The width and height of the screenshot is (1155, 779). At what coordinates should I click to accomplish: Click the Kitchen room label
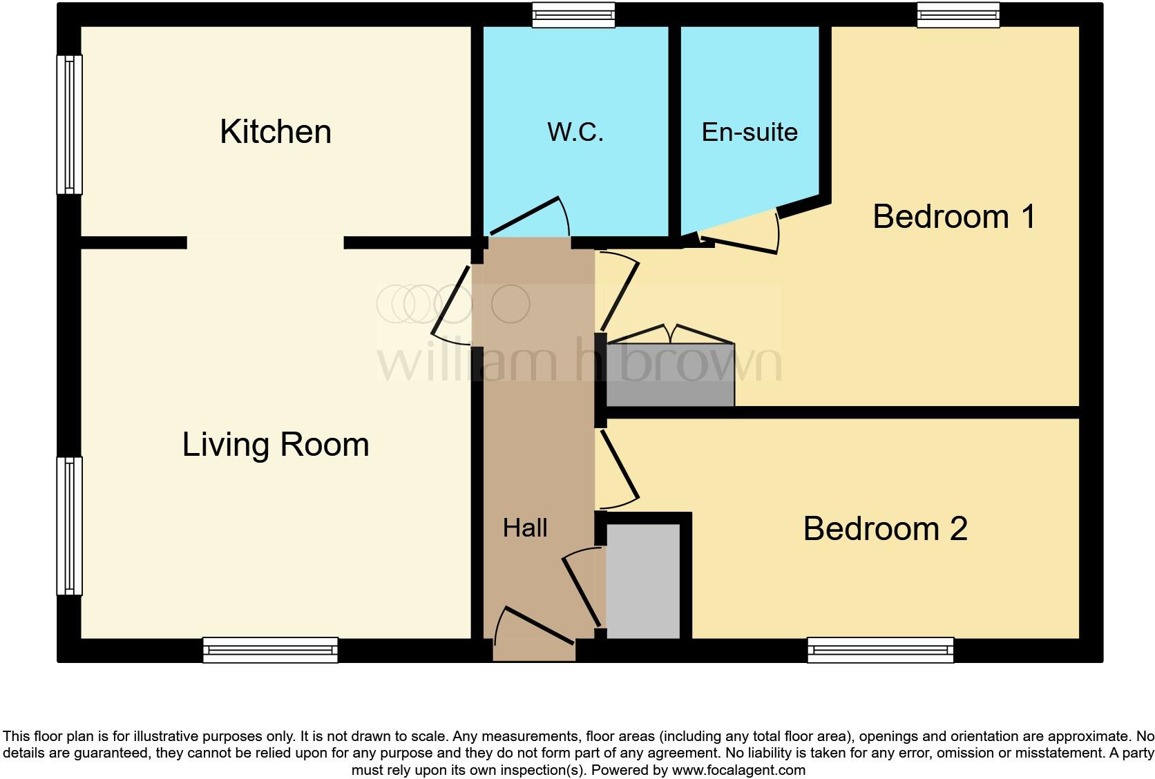click(x=276, y=132)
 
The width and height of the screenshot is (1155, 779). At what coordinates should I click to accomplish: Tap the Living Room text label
click(x=276, y=445)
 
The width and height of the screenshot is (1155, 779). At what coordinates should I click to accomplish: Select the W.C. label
click(x=575, y=132)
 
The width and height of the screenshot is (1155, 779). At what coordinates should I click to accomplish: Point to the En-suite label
click(x=750, y=132)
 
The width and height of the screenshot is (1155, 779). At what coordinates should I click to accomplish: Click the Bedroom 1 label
click(x=954, y=217)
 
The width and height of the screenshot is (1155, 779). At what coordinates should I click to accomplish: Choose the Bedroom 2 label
click(x=885, y=529)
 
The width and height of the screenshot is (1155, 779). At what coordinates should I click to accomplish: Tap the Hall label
click(x=525, y=528)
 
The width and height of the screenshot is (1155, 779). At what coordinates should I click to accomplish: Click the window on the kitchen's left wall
click(x=69, y=124)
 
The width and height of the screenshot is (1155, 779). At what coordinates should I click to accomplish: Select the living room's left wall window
click(x=69, y=526)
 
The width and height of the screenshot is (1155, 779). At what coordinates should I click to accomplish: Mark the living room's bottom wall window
click(x=270, y=650)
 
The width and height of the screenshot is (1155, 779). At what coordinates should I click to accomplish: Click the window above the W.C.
click(x=573, y=15)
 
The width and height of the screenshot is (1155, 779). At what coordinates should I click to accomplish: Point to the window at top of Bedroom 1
click(x=958, y=15)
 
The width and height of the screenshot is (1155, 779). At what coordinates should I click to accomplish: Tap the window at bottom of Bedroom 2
click(x=881, y=650)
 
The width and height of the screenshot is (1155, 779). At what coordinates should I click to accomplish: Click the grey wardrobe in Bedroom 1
click(x=670, y=375)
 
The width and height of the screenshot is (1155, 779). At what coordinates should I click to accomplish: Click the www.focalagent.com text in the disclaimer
click(x=738, y=769)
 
